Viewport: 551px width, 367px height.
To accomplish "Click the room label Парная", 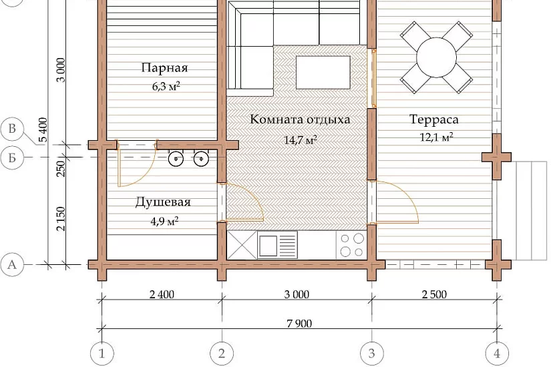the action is [x=164, y=68].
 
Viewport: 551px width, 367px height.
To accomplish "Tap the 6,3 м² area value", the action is [x=166, y=86].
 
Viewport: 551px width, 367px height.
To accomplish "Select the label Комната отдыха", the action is [x=300, y=119].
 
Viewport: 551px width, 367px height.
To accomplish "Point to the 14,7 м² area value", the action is [x=301, y=139].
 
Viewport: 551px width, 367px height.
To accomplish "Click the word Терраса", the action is [x=434, y=119].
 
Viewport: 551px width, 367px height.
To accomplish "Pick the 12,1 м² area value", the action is [x=436, y=137].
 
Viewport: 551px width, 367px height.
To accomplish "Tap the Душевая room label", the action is [x=163, y=202].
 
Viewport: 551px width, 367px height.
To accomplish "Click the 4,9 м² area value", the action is [x=164, y=222].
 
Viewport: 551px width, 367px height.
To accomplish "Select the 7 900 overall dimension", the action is [x=299, y=323].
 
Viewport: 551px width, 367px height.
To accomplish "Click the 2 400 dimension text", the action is [x=162, y=294].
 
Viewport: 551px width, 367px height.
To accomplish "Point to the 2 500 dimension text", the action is [x=434, y=294].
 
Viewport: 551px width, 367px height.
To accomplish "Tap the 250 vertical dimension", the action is [x=61, y=168].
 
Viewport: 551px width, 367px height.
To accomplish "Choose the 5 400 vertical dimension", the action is [x=43, y=129].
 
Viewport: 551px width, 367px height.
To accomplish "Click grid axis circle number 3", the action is [x=372, y=353].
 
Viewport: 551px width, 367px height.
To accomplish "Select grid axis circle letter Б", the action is [x=12, y=157].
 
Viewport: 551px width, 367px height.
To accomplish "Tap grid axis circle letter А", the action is [x=12, y=264].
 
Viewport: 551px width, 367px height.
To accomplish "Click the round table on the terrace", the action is [x=436, y=57].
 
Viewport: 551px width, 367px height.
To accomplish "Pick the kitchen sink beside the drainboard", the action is [x=268, y=246].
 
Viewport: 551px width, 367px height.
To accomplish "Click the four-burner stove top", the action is [x=351, y=245].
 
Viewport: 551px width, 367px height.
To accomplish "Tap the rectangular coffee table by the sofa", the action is [x=323, y=73].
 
